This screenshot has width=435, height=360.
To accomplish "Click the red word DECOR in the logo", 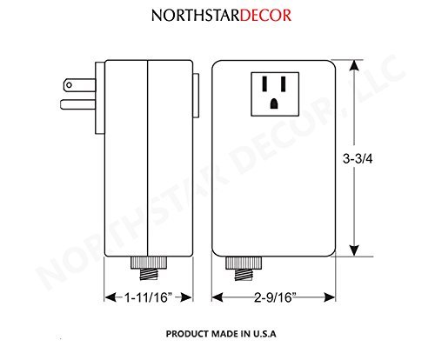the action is [265, 16].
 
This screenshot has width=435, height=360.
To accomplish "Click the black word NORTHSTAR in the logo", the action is [196, 16].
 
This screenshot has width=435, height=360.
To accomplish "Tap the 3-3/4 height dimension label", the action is [358, 158].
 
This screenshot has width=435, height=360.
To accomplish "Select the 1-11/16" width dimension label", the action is [148, 297].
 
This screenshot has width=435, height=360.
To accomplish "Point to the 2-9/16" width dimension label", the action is [275, 297].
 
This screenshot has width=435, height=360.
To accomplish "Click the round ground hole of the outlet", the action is [274, 103].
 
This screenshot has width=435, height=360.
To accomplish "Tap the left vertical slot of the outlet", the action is [264, 83].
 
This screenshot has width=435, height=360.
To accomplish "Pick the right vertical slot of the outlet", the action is [284, 83].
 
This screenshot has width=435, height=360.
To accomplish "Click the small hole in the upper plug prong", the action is [69, 85].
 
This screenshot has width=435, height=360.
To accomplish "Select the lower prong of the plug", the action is [78, 104].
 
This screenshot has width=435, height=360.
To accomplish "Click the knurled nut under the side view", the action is [149, 263].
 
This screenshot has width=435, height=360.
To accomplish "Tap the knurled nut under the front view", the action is [244, 263].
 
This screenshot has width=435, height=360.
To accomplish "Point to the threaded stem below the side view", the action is [149, 274].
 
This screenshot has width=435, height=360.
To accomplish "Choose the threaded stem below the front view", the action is [244, 275].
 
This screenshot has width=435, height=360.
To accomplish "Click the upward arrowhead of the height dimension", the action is [354, 65].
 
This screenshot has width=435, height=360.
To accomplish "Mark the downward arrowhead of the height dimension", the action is [354, 250].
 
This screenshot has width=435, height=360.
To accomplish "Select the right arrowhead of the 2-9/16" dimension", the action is [330, 297].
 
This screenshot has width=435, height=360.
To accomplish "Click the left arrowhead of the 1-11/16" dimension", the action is [110, 297].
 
